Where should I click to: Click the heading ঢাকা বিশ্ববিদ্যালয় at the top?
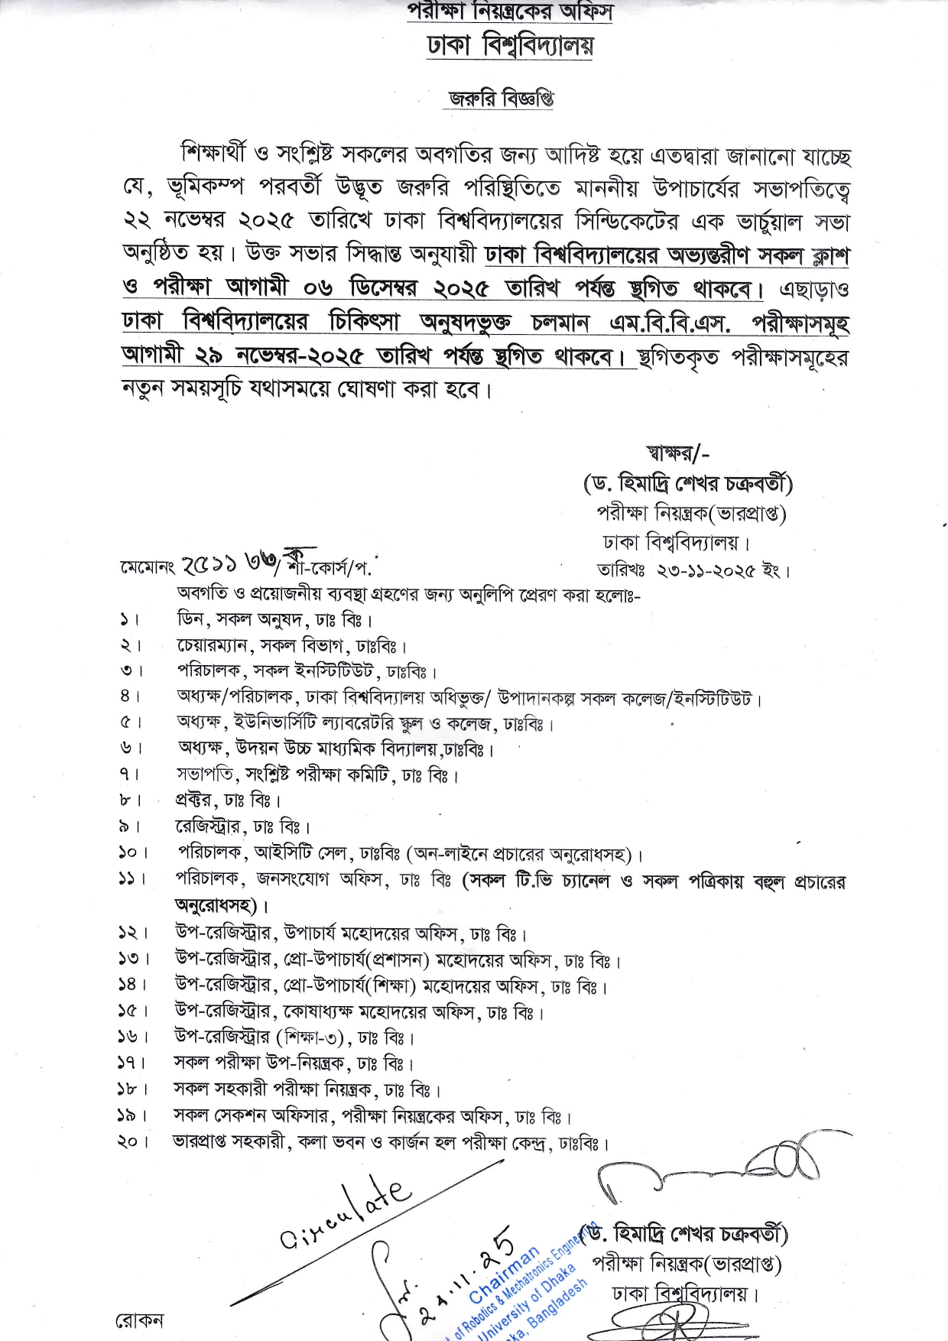click(510, 46)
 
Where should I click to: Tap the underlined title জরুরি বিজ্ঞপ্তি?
click(501, 99)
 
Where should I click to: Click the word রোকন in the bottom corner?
click(138, 1321)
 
